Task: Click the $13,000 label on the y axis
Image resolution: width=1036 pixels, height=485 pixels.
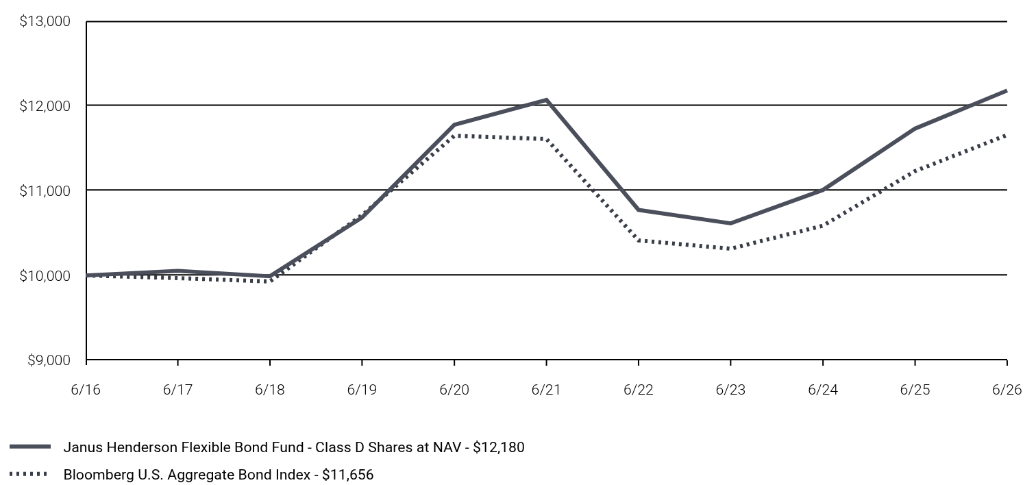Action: click(x=45, y=21)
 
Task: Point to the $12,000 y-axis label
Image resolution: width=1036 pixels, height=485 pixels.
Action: click(x=45, y=106)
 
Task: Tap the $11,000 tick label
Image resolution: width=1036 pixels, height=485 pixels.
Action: click(x=45, y=190)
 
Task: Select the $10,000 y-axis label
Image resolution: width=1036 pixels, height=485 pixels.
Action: click(x=45, y=275)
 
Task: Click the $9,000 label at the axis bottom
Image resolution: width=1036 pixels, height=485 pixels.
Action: click(x=49, y=360)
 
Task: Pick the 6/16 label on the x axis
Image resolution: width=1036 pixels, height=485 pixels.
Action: click(x=86, y=390)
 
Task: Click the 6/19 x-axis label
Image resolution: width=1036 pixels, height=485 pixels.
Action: click(x=362, y=390)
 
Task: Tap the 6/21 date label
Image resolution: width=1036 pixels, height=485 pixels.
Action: click(x=546, y=390)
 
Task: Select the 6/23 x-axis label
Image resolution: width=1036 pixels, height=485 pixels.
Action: click(x=730, y=390)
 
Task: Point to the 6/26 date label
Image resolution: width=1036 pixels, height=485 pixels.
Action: click(x=1007, y=390)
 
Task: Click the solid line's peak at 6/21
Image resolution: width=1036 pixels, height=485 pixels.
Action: click(x=546, y=100)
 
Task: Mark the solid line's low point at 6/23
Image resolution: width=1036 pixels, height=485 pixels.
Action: click(x=730, y=223)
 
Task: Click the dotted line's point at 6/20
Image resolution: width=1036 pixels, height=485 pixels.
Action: click(x=454, y=136)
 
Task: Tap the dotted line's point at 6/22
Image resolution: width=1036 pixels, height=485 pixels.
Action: click(x=639, y=240)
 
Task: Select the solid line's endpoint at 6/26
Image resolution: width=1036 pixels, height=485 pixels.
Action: click(x=1007, y=91)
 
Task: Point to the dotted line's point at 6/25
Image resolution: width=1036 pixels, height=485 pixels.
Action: click(x=915, y=171)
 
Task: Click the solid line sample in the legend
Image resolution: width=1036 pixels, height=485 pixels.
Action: click(x=30, y=447)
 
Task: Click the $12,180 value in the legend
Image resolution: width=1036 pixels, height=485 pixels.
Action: click(x=499, y=447)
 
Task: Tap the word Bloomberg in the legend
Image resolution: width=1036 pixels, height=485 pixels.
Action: click(x=94, y=475)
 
